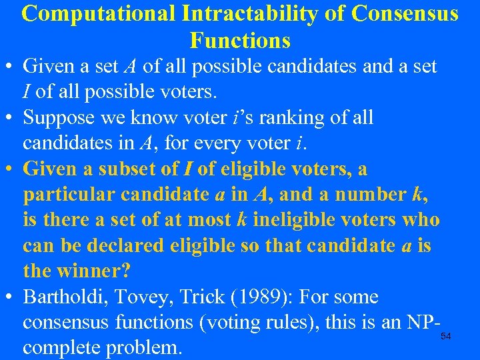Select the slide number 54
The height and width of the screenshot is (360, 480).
445,337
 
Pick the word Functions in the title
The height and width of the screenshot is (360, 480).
240,41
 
